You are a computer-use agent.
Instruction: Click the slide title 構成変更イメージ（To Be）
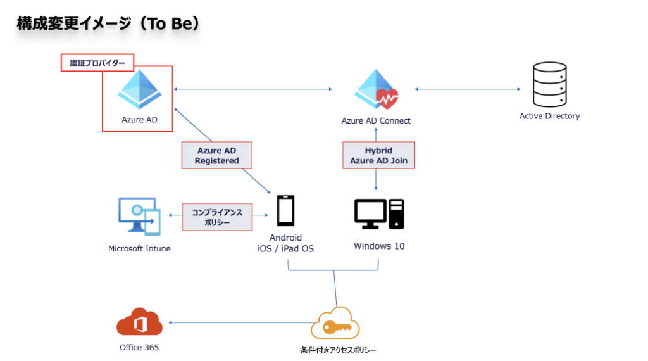tap(108, 23)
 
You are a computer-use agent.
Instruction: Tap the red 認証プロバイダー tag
tap(97, 63)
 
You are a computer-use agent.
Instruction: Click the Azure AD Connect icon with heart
tap(376, 91)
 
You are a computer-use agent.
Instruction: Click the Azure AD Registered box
tap(217, 156)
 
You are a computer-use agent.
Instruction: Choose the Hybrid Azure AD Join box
tap(378, 156)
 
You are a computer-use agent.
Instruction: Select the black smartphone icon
tap(285, 211)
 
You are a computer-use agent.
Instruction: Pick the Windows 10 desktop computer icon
tap(379, 213)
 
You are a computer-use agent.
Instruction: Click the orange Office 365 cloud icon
tap(139, 323)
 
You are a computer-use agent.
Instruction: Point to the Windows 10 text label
tap(379, 246)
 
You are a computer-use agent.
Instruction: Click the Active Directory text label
tap(549, 116)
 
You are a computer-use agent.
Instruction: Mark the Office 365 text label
tap(139, 347)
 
